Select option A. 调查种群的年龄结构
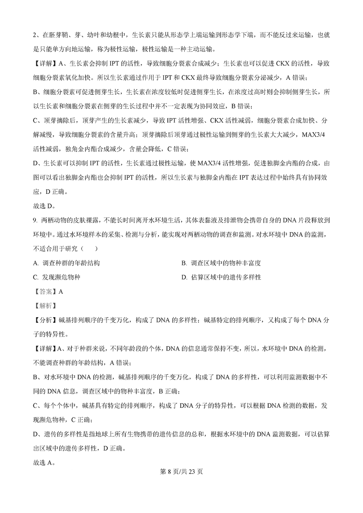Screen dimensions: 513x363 click(67, 263)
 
